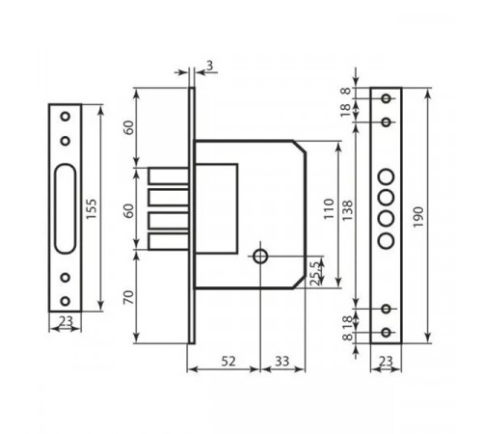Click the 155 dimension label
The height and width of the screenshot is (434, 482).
[x=92, y=209]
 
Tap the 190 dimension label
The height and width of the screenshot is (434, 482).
[x=418, y=217]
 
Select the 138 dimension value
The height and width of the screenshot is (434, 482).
[x=347, y=210]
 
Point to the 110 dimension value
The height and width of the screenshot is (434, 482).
[x=329, y=209]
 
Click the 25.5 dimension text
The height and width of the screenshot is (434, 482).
[x=315, y=273]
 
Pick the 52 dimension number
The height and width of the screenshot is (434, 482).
[x=228, y=362]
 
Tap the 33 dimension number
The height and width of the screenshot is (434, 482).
[x=282, y=362]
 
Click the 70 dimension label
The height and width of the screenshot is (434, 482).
[x=128, y=297]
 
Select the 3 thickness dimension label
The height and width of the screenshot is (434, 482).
[x=209, y=66]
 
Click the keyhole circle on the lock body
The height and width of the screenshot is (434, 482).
[x=260, y=257]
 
